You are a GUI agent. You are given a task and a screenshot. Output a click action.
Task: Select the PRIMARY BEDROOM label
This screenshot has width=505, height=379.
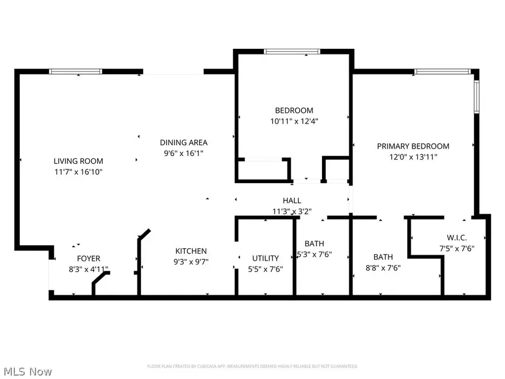click(x=412, y=146)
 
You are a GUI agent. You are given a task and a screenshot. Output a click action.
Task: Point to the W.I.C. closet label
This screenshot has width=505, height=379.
click(x=457, y=238)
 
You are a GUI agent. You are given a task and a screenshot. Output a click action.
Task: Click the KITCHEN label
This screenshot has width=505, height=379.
click(x=191, y=251)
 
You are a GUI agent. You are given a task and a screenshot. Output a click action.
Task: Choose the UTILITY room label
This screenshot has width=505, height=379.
click(x=265, y=258)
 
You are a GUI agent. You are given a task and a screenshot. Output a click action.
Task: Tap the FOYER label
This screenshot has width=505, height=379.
click(x=88, y=258)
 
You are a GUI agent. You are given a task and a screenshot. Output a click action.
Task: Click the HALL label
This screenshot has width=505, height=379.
click(x=292, y=200)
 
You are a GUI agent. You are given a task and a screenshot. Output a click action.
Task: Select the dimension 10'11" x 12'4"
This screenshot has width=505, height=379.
click(x=293, y=121)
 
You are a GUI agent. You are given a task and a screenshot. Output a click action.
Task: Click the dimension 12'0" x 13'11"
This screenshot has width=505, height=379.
click(x=412, y=157)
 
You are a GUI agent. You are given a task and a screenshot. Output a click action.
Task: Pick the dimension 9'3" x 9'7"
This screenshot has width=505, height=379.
click(x=191, y=262)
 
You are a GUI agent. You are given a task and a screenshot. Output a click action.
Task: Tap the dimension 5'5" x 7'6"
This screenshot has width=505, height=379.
click(x=265, y=268)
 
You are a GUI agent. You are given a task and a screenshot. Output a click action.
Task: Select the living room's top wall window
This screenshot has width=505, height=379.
click(x=75, y=71)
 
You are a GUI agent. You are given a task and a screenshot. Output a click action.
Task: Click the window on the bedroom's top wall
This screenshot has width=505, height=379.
click(x=292, y=52)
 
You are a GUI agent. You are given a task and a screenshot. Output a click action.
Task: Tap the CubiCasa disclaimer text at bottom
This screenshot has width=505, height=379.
click(x=252, y=366)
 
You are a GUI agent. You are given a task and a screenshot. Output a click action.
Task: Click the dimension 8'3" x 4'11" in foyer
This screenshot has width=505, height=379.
click(x=88, y=269)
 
